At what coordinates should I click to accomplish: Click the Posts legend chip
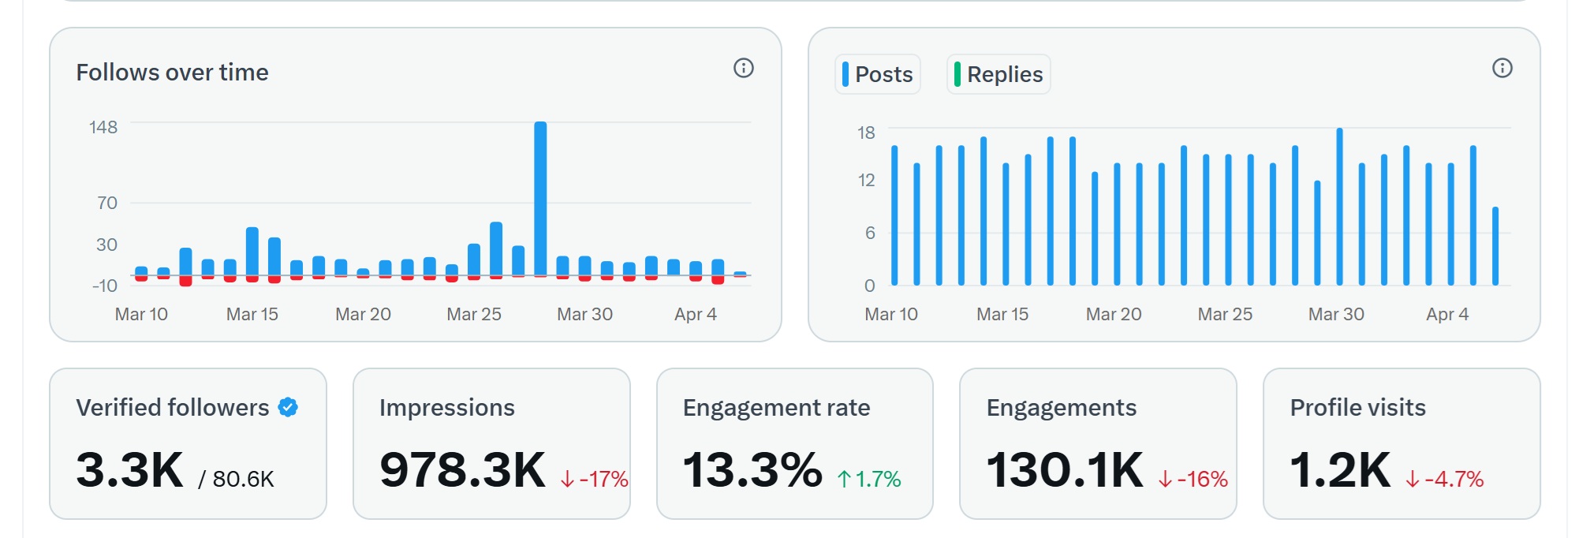878,74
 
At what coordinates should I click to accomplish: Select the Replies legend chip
998,74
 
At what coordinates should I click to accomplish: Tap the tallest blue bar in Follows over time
540,198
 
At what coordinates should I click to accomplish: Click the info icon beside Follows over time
744,68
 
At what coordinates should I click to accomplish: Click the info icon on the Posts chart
1502,68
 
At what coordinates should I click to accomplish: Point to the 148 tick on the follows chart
103,127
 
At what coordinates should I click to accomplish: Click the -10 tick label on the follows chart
104,286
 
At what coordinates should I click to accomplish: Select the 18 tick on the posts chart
866,133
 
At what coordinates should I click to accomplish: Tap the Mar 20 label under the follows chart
363,314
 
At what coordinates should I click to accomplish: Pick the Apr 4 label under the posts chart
1447,314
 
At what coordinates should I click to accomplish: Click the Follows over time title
172,73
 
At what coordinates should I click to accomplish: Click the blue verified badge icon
288,407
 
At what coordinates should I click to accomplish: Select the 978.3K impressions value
462,470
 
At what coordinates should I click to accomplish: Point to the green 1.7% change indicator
869,479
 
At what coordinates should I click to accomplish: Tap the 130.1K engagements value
1065,470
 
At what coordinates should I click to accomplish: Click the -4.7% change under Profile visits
1445,479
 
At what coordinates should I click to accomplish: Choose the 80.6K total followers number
243,479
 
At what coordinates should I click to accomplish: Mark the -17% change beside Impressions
595,479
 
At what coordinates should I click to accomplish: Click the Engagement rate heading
776,407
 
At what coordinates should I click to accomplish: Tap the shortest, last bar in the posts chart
1495,246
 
